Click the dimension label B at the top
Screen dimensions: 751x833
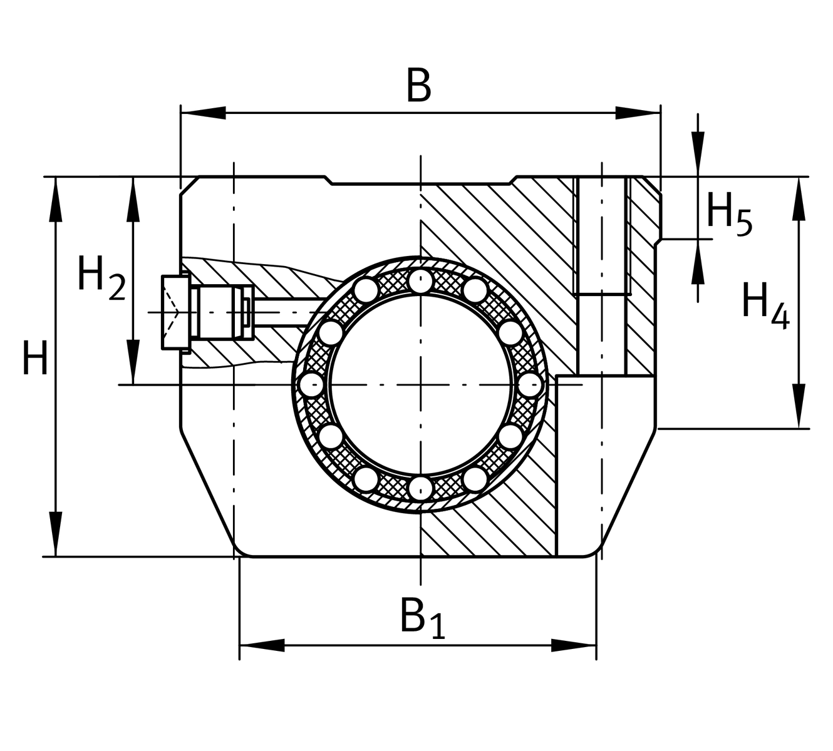pos(418,86)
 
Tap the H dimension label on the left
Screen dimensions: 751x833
pos(34,358)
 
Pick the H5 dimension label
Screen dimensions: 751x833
pos(728,213)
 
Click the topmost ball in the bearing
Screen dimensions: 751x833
pos(420,280)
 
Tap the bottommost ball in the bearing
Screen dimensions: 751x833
pos(420,487)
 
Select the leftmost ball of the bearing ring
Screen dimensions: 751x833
pos(310,384)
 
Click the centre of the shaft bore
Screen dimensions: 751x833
pos(420,384)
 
